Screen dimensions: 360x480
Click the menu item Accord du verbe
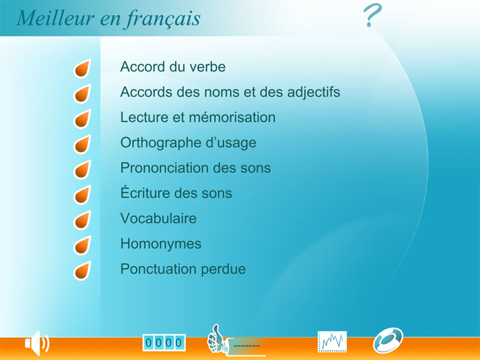173,67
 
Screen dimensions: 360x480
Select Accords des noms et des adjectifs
230,92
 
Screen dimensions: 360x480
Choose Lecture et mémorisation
197,117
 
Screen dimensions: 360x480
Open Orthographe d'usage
188,143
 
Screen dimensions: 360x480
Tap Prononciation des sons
195,168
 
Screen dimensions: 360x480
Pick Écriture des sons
176,193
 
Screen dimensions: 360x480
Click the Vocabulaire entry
158,219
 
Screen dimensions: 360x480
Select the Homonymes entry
160,244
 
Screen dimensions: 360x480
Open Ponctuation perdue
182,269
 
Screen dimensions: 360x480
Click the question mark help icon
372,16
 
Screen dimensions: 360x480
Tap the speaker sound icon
36,343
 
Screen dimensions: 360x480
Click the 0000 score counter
164,342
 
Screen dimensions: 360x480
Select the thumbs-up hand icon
218,339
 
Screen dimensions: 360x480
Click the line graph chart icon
332,341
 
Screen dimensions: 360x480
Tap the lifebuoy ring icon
387,340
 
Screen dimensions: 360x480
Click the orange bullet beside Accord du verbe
82,69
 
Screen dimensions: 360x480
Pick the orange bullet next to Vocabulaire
82,220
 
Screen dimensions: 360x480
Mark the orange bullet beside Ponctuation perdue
82,271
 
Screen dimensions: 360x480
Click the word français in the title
163,19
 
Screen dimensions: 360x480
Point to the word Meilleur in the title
56,19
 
